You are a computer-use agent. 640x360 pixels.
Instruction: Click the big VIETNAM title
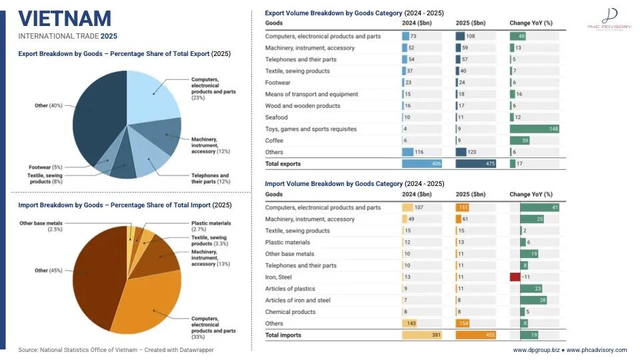[65, 19]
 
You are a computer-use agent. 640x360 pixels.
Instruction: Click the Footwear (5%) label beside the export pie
[45, 167]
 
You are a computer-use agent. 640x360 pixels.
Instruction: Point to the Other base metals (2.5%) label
[41, 226]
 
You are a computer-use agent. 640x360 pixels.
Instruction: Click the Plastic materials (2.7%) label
[211, 226]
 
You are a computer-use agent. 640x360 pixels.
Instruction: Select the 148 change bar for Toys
[534, 129]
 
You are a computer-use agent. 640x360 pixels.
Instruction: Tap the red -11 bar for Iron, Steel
[515, 277]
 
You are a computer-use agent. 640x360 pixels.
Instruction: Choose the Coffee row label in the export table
[274, 141]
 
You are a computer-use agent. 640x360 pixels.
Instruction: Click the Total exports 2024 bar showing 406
[421, 164]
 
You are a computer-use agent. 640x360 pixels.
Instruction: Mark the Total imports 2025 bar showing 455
[475, 335]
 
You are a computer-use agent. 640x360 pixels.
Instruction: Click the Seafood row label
[276, 117]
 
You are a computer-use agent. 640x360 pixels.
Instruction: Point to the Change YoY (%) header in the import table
[531, 194]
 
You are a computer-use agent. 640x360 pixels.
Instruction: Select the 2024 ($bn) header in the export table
[417, 23]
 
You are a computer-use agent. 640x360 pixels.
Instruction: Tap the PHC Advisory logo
[609, 19]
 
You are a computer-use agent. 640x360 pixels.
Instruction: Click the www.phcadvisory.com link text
[596, 350]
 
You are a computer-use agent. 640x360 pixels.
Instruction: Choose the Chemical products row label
[290, 312]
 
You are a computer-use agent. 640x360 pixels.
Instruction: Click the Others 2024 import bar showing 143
[409, 323]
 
